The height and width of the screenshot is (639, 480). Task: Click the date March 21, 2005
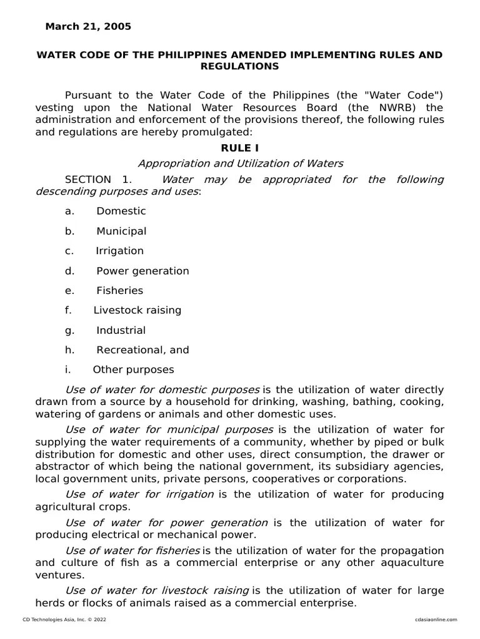point(88,26)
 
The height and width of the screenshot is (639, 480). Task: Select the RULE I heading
point(239,148)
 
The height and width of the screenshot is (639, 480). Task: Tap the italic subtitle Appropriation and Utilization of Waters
point(240,163)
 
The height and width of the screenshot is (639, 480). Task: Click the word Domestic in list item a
point(121,211)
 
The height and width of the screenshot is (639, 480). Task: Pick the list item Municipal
point(121,231)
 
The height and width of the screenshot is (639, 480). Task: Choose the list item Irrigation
point(119,251)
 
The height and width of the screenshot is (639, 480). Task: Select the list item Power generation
point(142,271)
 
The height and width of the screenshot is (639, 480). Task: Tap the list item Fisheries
point(119,291)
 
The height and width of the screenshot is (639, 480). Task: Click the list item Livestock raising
point(137,310)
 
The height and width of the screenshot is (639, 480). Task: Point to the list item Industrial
point(121,330)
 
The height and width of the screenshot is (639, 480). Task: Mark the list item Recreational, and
point(142,350)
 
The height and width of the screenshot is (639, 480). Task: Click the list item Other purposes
point(133,370)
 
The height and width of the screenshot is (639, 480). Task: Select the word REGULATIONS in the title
point(239,66)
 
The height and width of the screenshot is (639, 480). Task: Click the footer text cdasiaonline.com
point(436,620)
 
